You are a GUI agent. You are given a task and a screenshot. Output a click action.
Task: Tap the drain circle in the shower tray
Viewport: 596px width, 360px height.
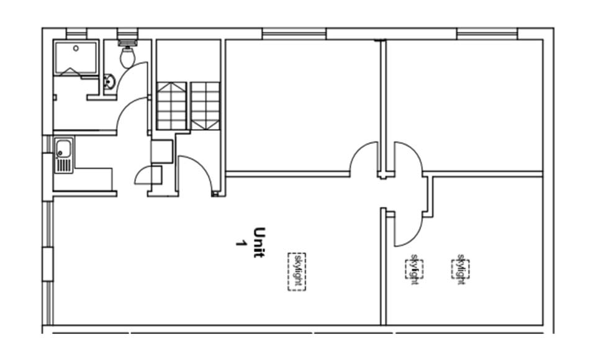pyautogui.click(x=76, y=48)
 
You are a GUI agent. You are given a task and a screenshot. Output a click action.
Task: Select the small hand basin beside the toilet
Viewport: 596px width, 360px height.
pyautogui.click(x=109, y=81)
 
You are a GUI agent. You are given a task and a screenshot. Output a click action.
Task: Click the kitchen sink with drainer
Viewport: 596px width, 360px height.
pyautogui.click(x=64, y=155)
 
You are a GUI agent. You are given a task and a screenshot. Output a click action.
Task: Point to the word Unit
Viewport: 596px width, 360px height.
pyautogui.click(x=260, y=243)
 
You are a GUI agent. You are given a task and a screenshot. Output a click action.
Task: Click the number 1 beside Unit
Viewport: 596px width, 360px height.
pyautogui.click(x=240, y=243)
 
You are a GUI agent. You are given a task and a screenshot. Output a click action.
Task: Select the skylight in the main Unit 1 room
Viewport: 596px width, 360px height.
pyautogui.click(x=297, y=271)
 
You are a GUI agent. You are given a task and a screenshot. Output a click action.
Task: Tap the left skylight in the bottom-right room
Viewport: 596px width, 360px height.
pyautogui.click(x=414, y=269)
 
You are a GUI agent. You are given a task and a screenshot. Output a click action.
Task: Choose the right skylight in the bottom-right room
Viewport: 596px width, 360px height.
pyautogui.click(x=460, y=269)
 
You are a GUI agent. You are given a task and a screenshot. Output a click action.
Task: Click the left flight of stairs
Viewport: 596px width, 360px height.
pyautogui.click(x=171, y=106)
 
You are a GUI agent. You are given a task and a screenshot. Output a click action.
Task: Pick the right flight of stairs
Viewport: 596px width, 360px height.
pyautogui.click(x=205, y=106)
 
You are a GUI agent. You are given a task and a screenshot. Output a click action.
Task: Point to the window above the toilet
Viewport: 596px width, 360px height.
pyautogui.click(x=127, y=34)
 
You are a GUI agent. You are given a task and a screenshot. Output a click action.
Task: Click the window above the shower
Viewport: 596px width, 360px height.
pyautogui.click(x=76, y=34)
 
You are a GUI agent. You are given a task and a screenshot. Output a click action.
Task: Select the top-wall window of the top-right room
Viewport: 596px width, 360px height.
pyautogui.click(x=487, y=34)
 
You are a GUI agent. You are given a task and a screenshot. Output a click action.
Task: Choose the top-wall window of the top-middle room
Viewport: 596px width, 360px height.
pyautogui.click(x=294, y=34)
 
